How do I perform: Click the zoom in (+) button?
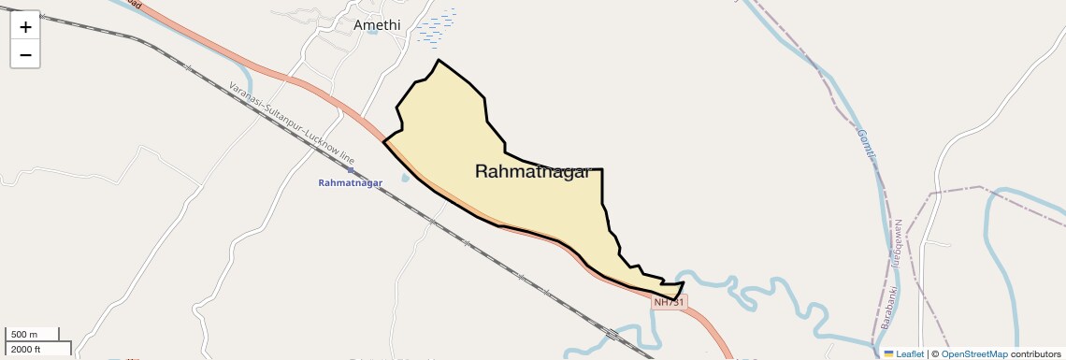pyautogui.click(x=25, y=27)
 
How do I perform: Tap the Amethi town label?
pyautogui.click(x=376, y=25)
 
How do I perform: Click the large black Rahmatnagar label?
pyautogui.click(x=532, y=171)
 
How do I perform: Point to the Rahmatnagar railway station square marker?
pyautogui.click(x=351, y=170)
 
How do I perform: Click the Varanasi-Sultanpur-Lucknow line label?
pyautogui.click(x=291, y=122)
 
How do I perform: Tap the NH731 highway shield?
pyautogui.click(x=670, y=302)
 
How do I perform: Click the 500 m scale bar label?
pyautogui.click(x=24, y=335)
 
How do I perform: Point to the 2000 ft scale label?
pyautogui.click(x=26, y=349)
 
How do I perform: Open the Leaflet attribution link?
pyautogui.click(x=910, y=353)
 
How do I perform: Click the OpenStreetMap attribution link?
pyautogui.click(x=973, y=353)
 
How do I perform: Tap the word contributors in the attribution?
pyautogui.click(x=1035, y=353)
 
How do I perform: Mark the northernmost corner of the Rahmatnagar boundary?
pyautogui.click(x=438, y=60)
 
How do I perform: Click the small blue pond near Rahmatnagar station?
pyautogui.click(x=405, y=177)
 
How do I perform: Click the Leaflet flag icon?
pyautogui.click(x=888, y=353)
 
